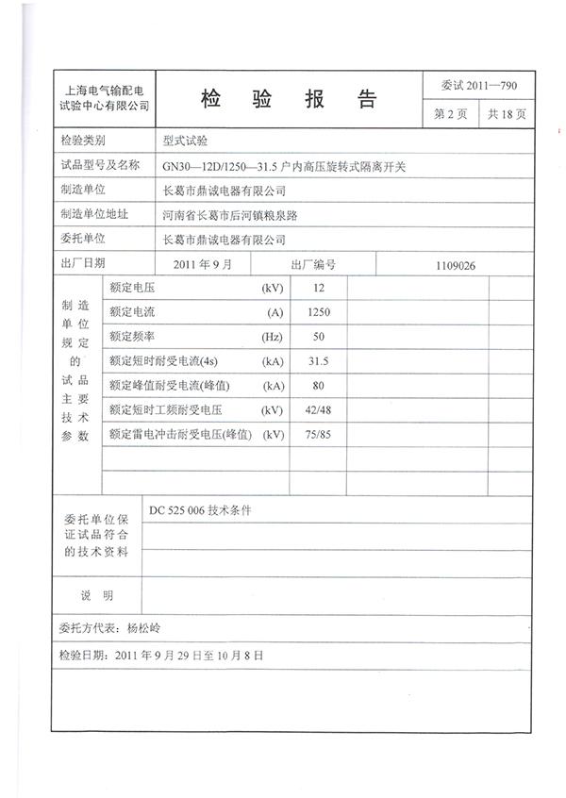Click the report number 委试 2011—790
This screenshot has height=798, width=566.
click(478, 87)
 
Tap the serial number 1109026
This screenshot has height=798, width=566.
click(456, 265)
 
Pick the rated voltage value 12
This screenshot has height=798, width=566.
click(318, 288)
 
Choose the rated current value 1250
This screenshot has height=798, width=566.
click(318, 312)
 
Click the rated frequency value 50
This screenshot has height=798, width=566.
click(318, 337)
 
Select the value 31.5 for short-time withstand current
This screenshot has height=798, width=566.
click(318, 361)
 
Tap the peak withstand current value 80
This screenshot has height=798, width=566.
click(318, 386)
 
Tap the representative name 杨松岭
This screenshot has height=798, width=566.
click(144, 627)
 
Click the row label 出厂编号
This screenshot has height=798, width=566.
click(313, 265)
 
